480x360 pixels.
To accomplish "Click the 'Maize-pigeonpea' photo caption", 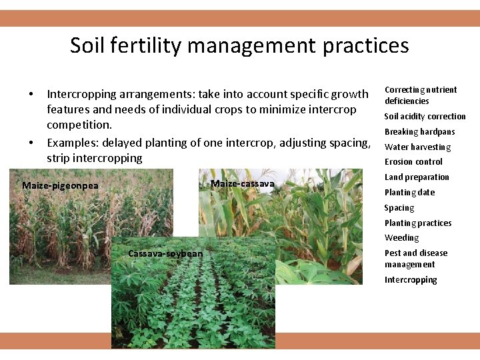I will pos(60,185).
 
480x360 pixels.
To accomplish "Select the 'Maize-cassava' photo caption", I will pos(242,183).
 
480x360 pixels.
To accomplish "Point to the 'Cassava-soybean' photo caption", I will pos(165,253).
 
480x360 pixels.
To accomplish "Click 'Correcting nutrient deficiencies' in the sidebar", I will pos(421,95).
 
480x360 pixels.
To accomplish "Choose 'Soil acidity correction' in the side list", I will pos(425,116).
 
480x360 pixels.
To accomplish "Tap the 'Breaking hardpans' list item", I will pos(419,131).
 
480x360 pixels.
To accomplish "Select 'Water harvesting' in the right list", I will pos(417,147).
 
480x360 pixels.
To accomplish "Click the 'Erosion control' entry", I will pos(413,161).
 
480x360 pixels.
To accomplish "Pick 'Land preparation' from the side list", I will pos(417,177).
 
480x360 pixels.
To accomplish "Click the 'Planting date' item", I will pos(409,192).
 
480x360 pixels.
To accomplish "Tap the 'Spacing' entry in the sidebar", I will pos(399,207).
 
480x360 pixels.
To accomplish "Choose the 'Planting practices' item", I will pos(418,223).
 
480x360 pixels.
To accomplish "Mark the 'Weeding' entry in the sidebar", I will pos(401,237).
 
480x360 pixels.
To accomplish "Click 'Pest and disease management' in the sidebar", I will pos(416,259).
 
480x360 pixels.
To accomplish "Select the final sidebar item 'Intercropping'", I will pos(411,280).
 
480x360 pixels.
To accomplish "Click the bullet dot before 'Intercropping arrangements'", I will pos(31,94).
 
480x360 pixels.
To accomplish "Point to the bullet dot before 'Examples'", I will pos(31,142).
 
